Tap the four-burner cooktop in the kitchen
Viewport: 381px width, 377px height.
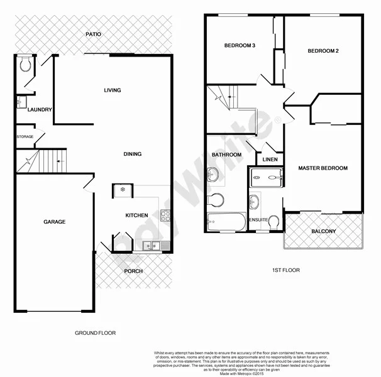(166, 216)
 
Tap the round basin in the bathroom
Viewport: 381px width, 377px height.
(213, 174)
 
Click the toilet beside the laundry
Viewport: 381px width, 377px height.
(25, 65)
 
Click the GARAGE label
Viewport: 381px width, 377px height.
(54, 222)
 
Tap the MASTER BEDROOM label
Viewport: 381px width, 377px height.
(323, 168)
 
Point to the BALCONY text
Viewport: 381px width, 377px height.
(324, 231)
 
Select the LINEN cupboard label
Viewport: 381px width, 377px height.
(270, 160)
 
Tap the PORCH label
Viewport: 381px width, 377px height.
(133, 271)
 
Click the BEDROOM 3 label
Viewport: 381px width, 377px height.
(239, 45)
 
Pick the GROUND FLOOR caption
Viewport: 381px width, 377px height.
(95, 333)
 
